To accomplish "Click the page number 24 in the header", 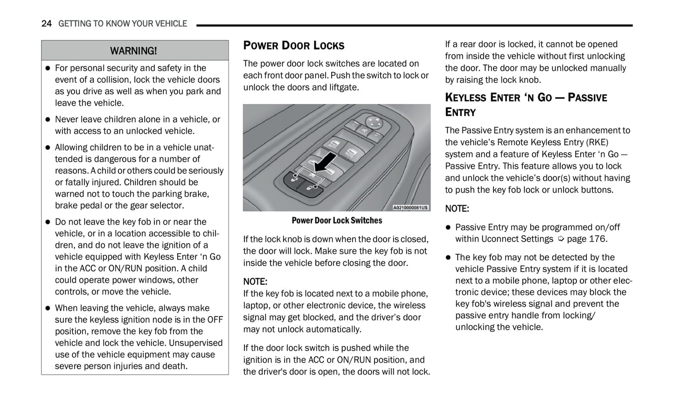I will coord(46,23).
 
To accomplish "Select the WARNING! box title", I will coord(133,50).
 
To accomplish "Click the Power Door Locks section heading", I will coord(294,45).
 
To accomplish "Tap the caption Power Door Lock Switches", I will coord(337,220).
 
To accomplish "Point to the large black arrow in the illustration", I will coord(324,164).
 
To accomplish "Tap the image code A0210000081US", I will coord(410,208).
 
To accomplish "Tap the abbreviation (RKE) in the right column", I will coord(597,142).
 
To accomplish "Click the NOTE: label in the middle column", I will coord(255,281).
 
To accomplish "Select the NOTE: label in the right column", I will coord(457,208).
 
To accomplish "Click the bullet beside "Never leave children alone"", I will coord(47,120).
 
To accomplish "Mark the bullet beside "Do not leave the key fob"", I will coord(47,222).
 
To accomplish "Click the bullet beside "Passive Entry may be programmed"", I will coord(448,227).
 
